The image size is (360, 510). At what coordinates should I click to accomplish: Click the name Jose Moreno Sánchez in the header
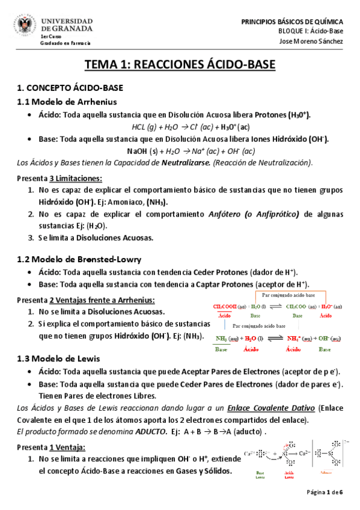pyautogui.click(x=313, y=41)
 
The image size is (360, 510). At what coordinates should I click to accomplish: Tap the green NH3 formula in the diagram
pyautogui.click(x=222, y=339)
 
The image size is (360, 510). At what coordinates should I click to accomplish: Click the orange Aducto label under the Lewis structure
pyautogui.click(x=326, y=473)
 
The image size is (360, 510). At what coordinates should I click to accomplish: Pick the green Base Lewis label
pyautogui.click(x=260, y=475)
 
